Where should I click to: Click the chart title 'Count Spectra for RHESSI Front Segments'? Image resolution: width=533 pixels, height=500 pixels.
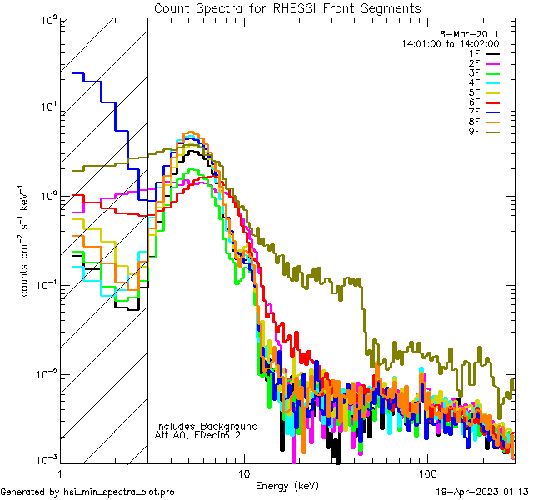click(x=287, y=8)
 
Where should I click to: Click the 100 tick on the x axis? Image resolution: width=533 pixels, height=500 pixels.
click(x=426, y=472)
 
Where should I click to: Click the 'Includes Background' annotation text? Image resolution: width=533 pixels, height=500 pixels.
click(x=207, y=426)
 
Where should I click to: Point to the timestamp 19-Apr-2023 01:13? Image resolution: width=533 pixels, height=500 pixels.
click(x=482, y=492)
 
